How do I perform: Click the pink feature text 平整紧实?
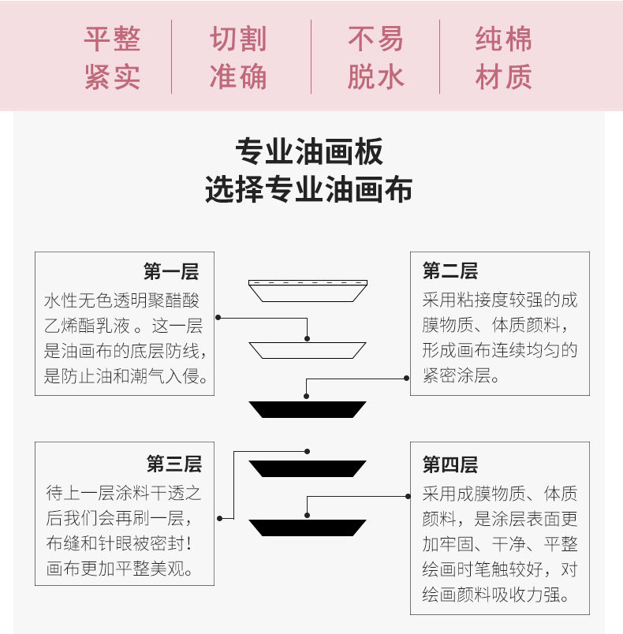coord(112,58)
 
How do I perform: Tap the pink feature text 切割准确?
coord(238,58)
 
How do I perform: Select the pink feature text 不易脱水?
coord(375,58)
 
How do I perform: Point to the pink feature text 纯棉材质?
coord(503,58)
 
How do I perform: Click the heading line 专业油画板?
coord(309,151)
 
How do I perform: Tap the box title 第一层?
coord(170,273)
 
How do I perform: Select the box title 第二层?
coord(450,272)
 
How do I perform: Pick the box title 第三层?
coord(173,463)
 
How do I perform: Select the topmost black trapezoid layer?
coord(308,409)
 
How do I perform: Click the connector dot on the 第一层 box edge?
coord(218,318)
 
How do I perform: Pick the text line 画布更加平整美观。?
coord(124,568)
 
